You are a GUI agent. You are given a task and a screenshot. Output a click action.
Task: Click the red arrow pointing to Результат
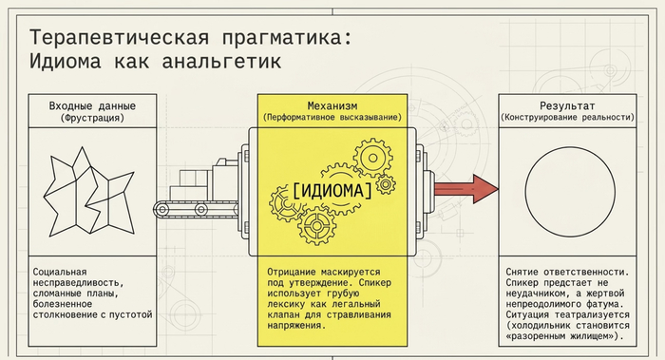(466, 189)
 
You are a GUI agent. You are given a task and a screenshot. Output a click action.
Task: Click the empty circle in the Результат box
(525, 192)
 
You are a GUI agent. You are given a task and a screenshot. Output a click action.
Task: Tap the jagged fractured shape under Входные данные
(89, 192)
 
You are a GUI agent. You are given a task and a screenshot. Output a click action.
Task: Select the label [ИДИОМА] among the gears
(332, 190)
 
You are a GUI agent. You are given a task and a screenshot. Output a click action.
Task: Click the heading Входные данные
(92, 106)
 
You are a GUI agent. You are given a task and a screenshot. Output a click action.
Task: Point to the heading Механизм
(332, 105)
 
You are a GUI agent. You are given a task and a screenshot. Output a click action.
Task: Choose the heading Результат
(567, 105)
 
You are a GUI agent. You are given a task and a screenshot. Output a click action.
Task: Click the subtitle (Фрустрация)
(92, 118)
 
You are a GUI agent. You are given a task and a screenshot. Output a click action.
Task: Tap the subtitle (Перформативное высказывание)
(332, 117)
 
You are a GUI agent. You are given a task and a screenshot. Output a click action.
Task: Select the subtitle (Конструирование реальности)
(567, 117)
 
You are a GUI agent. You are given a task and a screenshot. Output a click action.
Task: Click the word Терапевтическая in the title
(119, 38)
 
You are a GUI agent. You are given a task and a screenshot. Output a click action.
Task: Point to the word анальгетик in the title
(221, 61)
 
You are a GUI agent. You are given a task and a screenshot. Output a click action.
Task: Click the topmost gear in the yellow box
(372, 158)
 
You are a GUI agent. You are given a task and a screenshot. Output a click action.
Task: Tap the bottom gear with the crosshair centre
(316, 225)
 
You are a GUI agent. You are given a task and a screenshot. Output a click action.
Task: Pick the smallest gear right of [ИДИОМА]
(386, 184)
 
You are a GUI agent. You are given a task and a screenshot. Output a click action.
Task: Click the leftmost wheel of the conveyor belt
(161, 209)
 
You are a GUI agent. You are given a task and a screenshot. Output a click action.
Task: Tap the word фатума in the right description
(603, 304)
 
